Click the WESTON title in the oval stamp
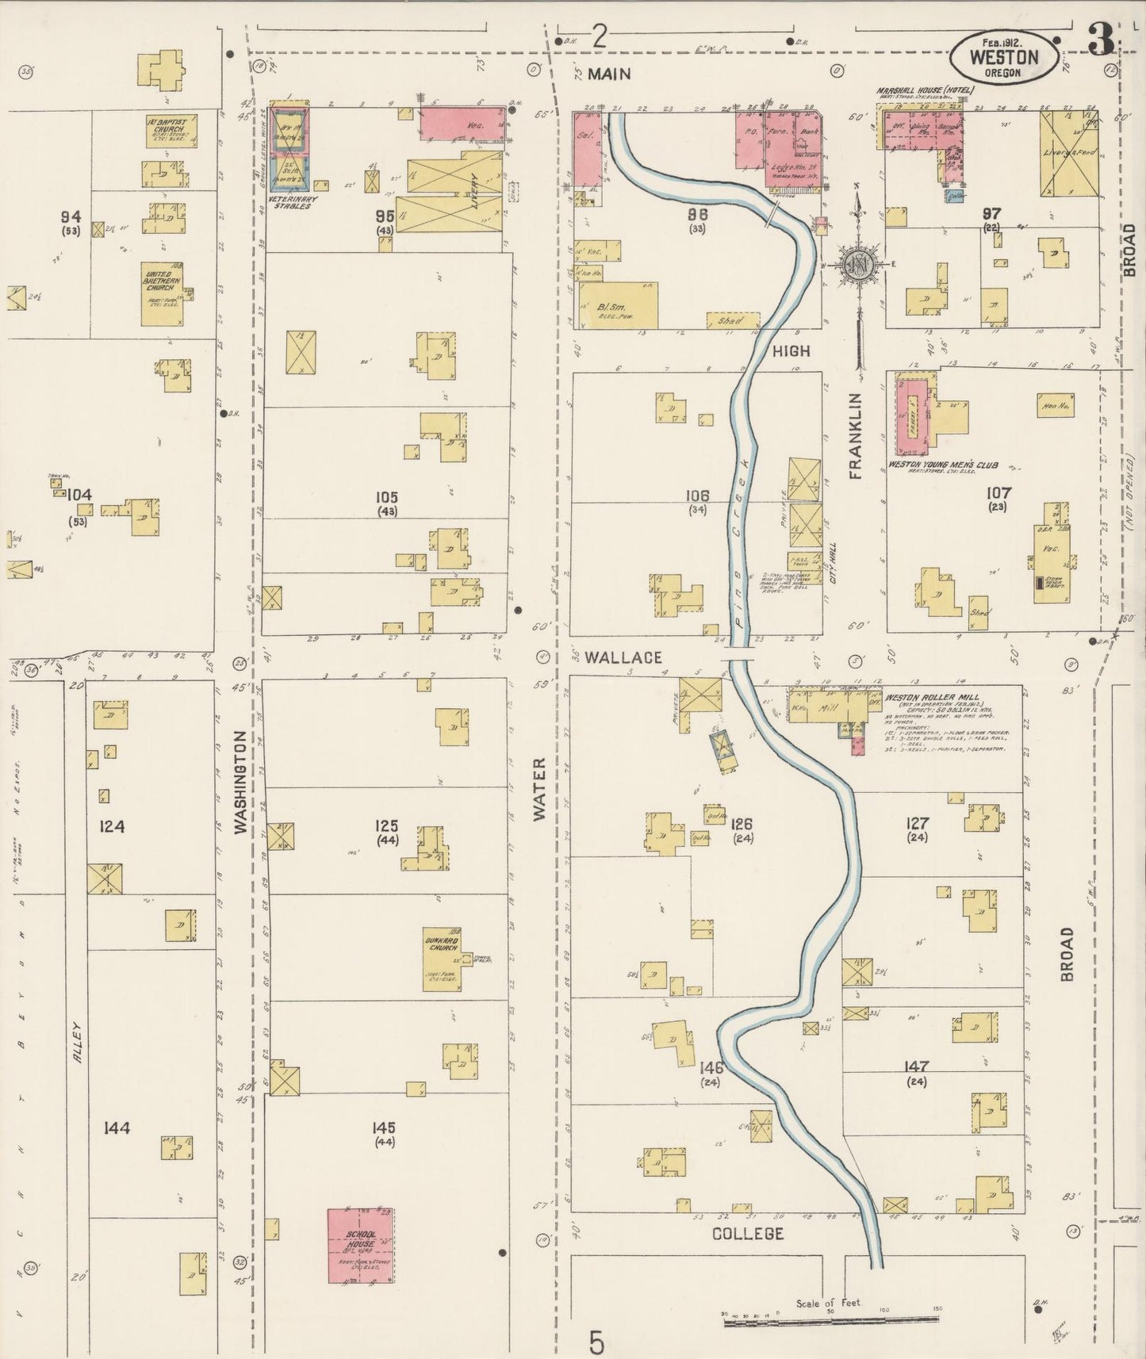(1005, 57)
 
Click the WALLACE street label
(623, 658)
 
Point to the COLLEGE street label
(747, 1256)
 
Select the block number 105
(386, 497)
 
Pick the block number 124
(112, 827)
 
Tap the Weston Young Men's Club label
(942, 465)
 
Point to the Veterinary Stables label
(292, 202)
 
